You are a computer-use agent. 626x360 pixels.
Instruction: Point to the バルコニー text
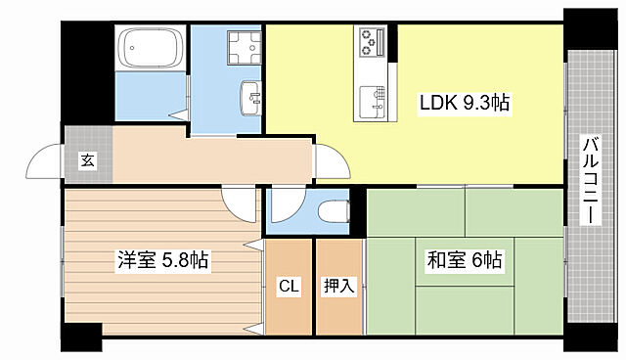[591, 182]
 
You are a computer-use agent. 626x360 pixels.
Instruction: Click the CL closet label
[288, 287]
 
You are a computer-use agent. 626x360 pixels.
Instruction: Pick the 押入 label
[338, 287]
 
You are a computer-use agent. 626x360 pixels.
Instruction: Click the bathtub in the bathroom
[151, 47]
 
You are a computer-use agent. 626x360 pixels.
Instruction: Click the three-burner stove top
[372, 42]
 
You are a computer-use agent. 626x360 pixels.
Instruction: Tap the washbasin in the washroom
[251, 96]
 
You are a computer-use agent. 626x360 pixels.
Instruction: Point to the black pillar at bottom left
[82, 342]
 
